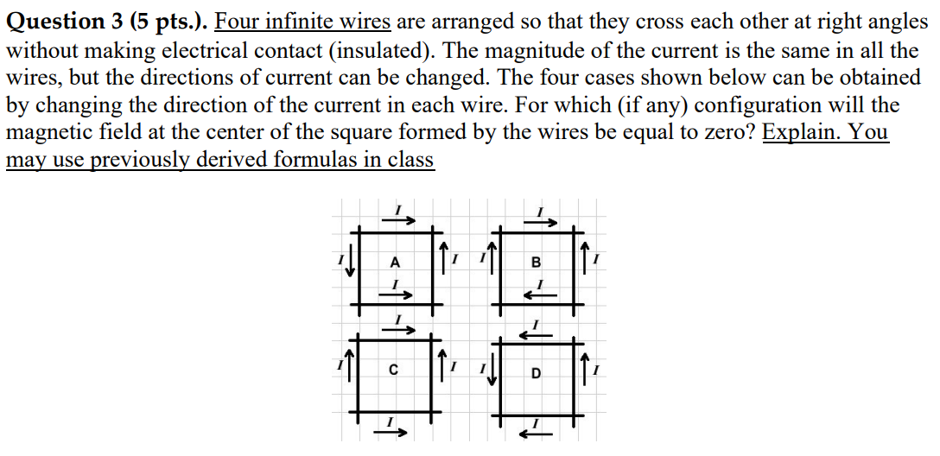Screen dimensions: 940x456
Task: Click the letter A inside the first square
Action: (x=395, y=262)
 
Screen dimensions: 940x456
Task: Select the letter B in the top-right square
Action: (x=536, y=262)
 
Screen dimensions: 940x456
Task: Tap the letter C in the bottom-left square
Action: (x=394, y=372)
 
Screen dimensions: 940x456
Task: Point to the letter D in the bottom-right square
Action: (x=537, y=374)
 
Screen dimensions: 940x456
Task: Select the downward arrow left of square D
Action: (x=494, y=372)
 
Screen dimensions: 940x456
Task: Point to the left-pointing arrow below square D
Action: (x=537, y=433)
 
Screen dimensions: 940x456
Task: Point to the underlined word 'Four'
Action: (x=241, y=20)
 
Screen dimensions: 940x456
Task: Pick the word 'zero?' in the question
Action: (x=727, y=133)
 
